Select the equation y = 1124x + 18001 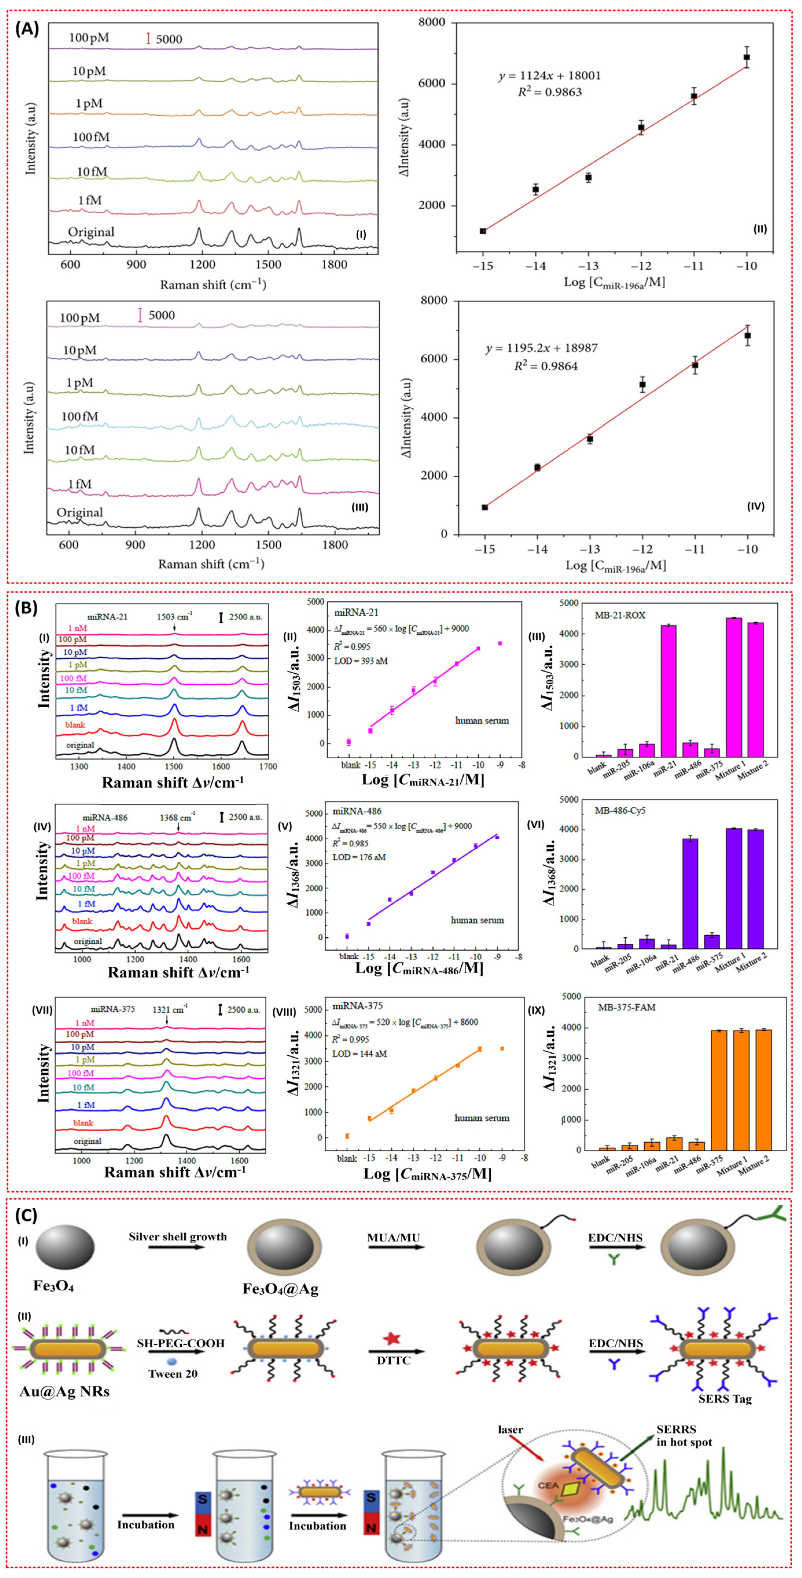coord(549,76)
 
